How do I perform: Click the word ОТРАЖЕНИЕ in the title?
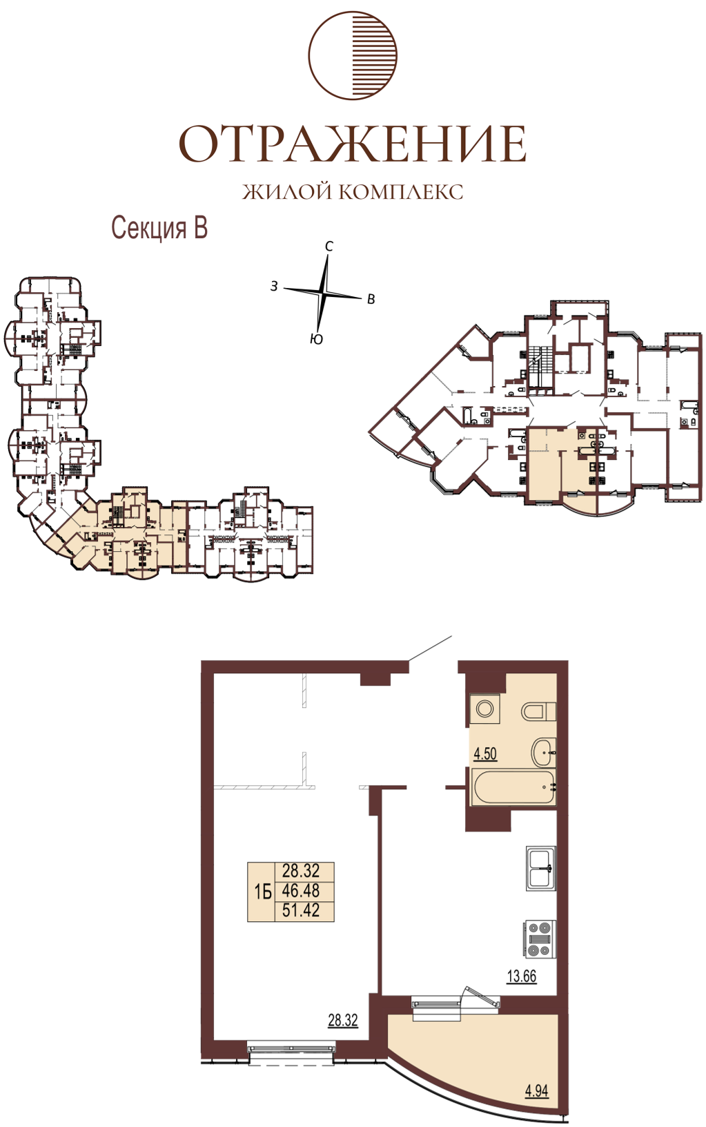point(353,144)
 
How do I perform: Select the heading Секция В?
point(159,228)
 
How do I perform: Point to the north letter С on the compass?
point(329,246)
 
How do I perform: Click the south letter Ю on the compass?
point(316,340)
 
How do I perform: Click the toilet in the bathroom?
point(538,712)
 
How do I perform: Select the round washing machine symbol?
point(484,709)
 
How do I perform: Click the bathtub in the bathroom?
point(513,787)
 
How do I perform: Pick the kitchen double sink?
point(540,868)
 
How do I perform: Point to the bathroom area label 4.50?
point(485,754)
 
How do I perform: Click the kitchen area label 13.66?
point(522,976)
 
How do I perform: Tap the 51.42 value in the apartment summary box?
point(301,909)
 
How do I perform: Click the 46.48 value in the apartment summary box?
point(301,890)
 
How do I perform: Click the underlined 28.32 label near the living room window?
point(343,1021)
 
